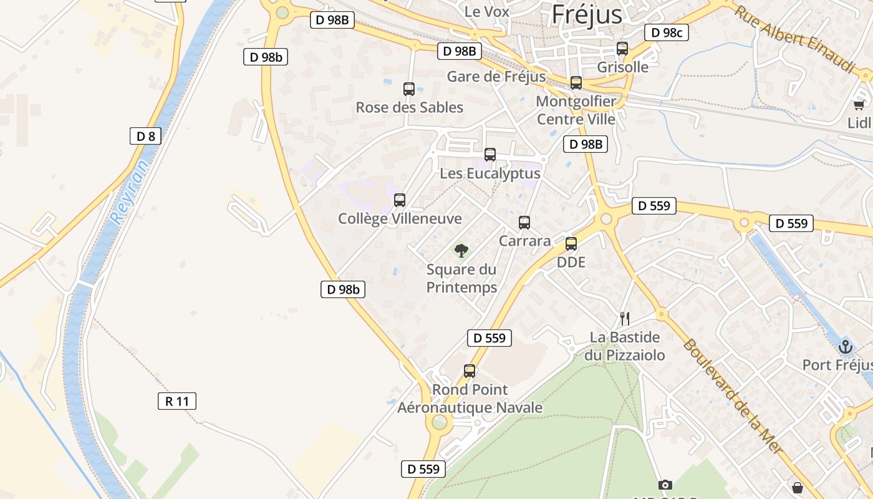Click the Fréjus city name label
pos(587,14)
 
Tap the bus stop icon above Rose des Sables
pos(409,89)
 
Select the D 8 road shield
pos(145,136)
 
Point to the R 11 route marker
pos(177,401)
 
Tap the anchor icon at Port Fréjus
pos(846,346)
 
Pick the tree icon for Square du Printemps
pos(461,251)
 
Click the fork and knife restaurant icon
pos(625,319)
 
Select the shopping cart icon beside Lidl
pos(859,105)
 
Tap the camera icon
pos(665,485)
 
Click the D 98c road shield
pos(667,32)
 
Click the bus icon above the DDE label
pos(571,244)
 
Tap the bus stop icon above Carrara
pos(524,223)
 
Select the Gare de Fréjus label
pos(496,77)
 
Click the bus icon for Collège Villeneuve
pos(400,200)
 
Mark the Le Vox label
pos(487,11)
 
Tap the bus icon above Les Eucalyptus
pos(490,155)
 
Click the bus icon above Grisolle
pos(622,49)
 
